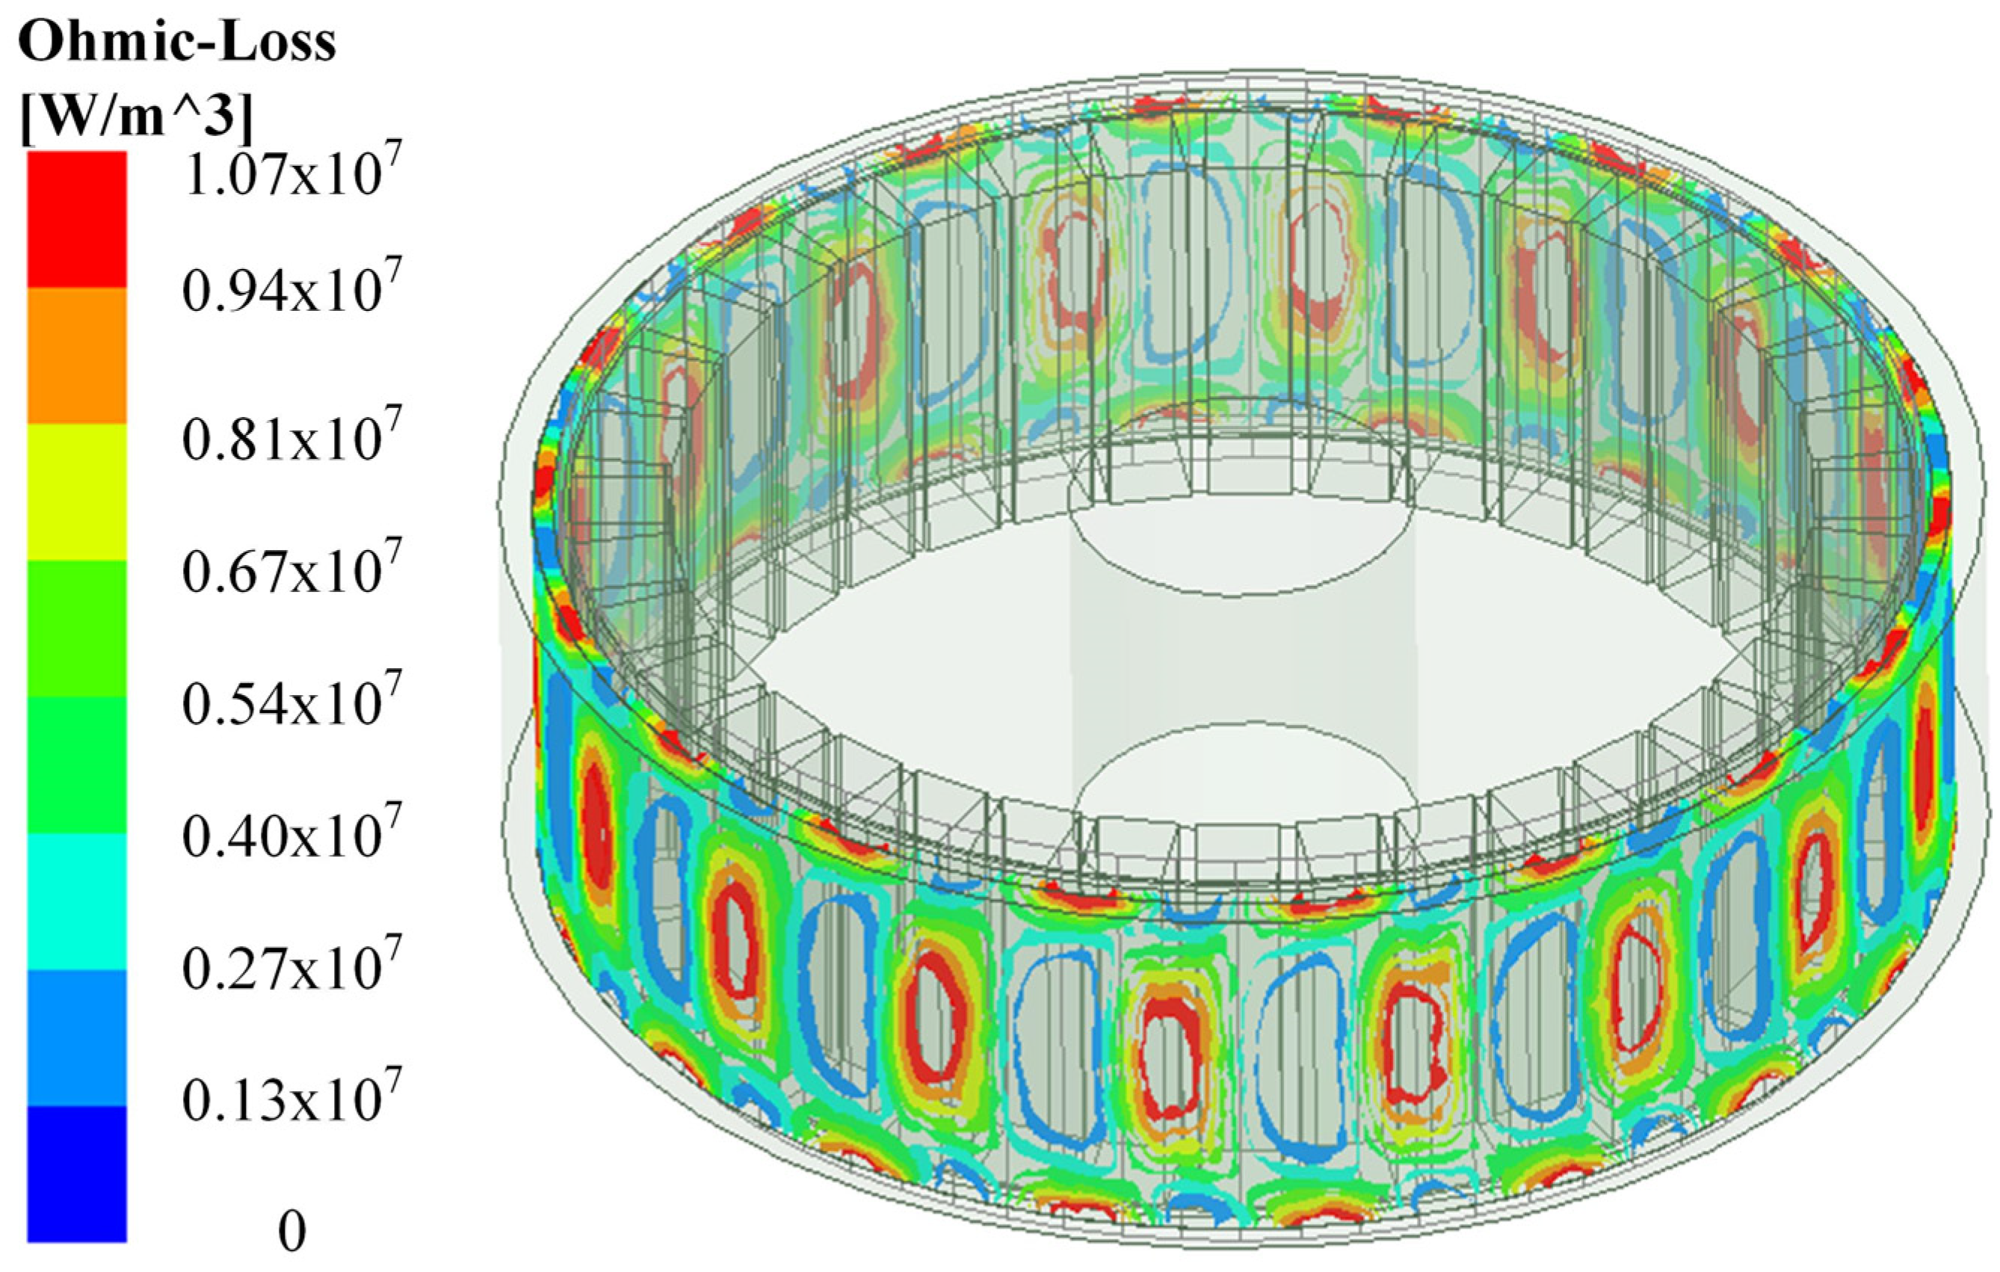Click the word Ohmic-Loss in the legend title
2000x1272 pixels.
tap(177, 42)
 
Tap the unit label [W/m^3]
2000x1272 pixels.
tap(135, 117)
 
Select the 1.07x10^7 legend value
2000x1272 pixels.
tap(292, 170)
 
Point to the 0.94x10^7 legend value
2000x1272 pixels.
tap(292, 286)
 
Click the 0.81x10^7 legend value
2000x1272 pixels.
tap(292, 434)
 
